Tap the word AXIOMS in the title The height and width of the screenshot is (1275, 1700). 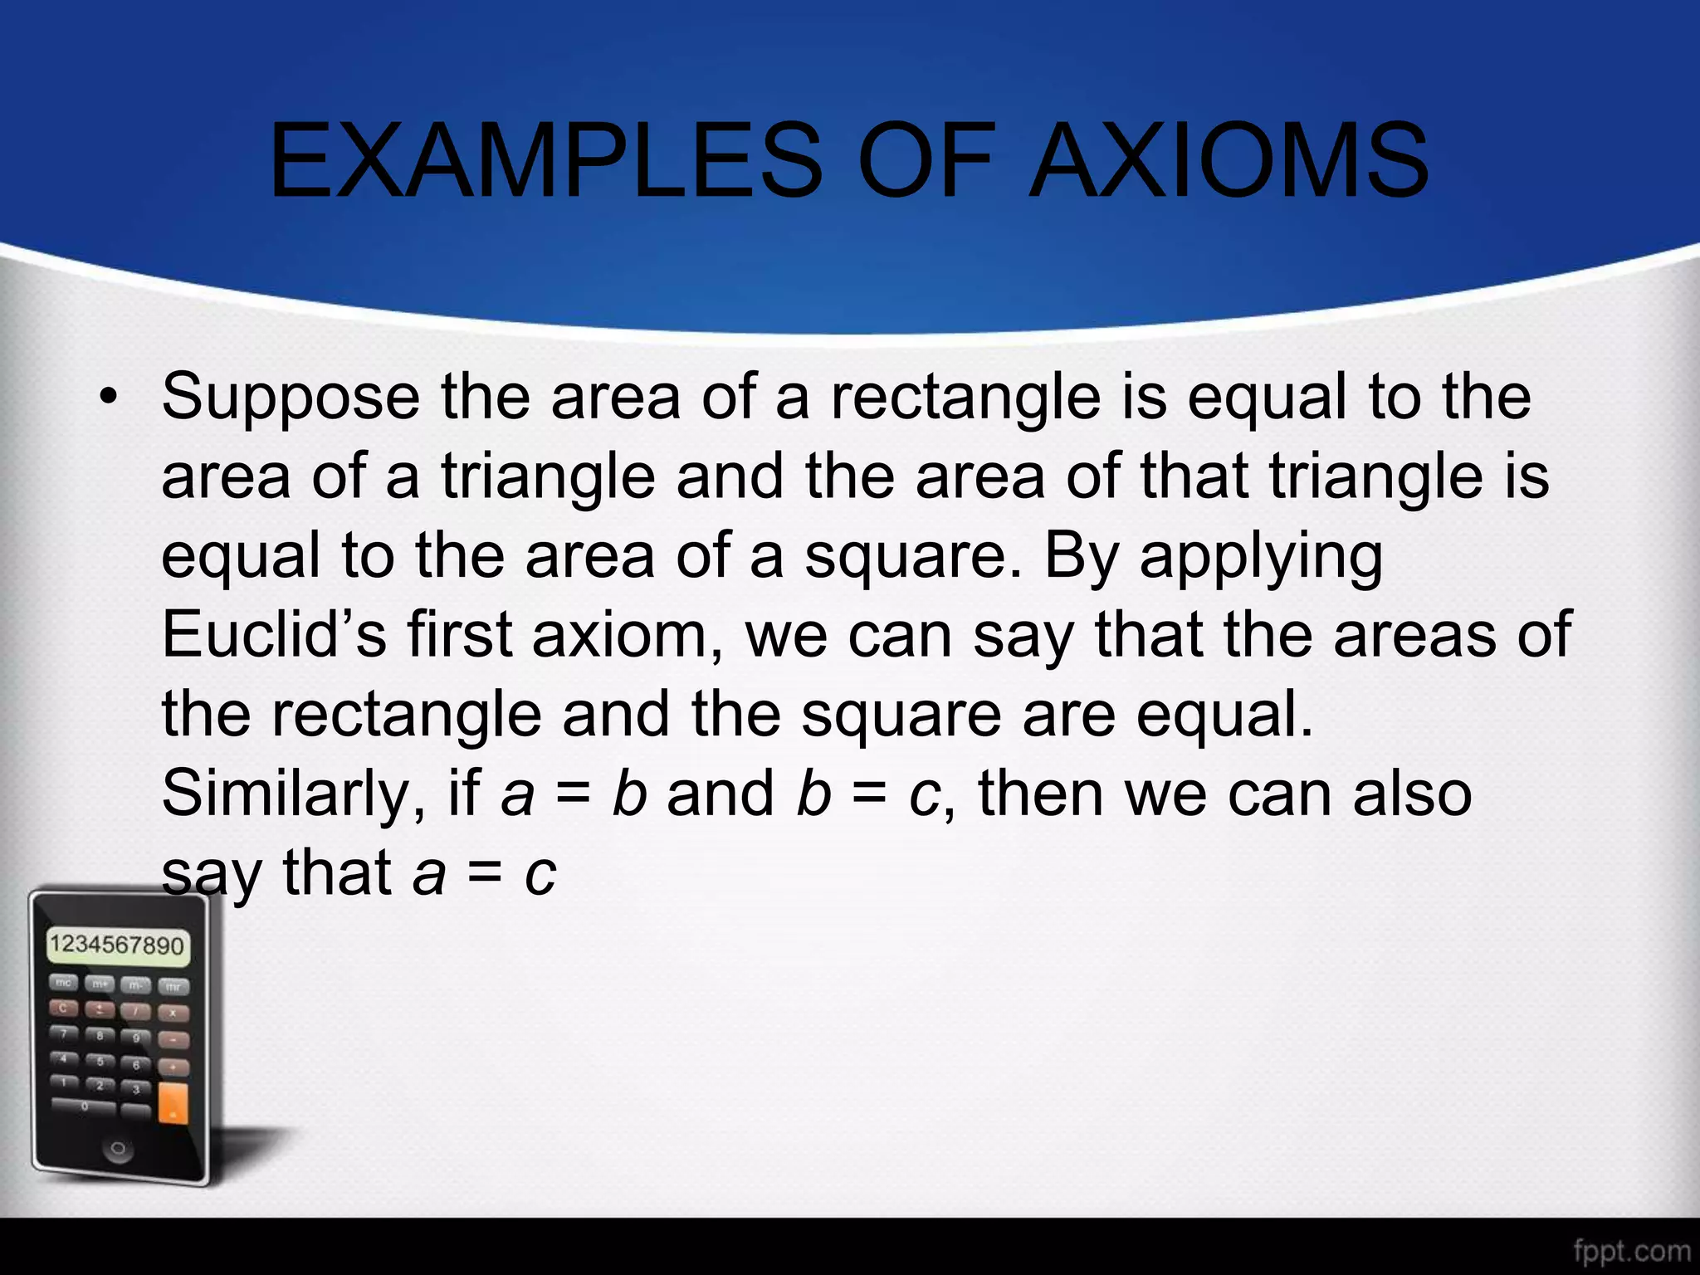pyautogui.click(x=1229, y=161)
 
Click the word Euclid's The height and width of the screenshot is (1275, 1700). pyautogui.click(x=274, y=635)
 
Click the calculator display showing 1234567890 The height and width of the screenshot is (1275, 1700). pyautogui.click(x=117, y=945)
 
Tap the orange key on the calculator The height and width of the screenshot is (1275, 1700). pyautogui.click(x=173, y=1103)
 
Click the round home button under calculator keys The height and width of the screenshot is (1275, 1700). pyautogui.click(x=118, y=1149)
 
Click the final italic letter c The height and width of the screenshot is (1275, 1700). pyautogui.click(x=540, y=874)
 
